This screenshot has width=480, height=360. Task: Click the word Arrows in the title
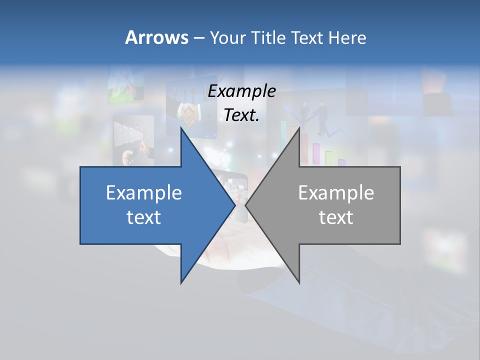pos(156,37)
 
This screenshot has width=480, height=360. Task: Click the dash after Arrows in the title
pos(198,38)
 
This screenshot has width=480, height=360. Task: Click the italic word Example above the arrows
pos(241,91)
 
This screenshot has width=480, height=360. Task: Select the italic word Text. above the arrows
pos(241,115)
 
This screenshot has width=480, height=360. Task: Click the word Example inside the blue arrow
pos(144,193)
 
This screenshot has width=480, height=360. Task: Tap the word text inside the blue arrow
pos(144,217)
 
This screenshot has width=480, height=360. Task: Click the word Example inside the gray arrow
pos(336,193)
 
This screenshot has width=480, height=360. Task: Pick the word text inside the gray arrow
pos(336,217)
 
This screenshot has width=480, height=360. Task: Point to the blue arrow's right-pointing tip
pos(234,205)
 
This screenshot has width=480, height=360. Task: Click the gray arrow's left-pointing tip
pos(246,205)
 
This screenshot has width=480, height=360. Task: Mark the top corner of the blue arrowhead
pos(181,128)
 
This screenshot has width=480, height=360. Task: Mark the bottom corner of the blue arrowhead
pos(181,282)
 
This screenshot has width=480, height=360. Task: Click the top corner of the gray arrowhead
pos(299,128)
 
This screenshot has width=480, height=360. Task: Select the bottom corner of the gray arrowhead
pos(299,282)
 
